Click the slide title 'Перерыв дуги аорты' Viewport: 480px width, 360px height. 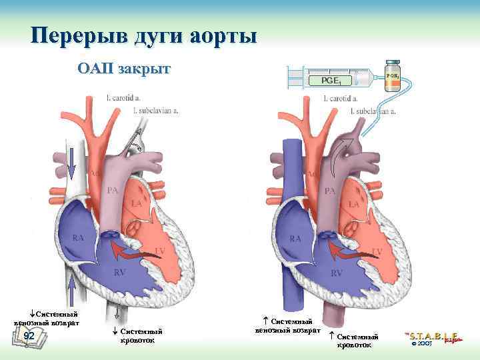pyautogui.click(x=143, y=35)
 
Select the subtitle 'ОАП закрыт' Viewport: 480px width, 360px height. pyautogui.click(x=124, y=68)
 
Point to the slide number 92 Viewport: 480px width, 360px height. pyautogui.click(x=29, y=336)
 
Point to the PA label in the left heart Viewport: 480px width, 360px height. pyautogui.click(x=113, y=191)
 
